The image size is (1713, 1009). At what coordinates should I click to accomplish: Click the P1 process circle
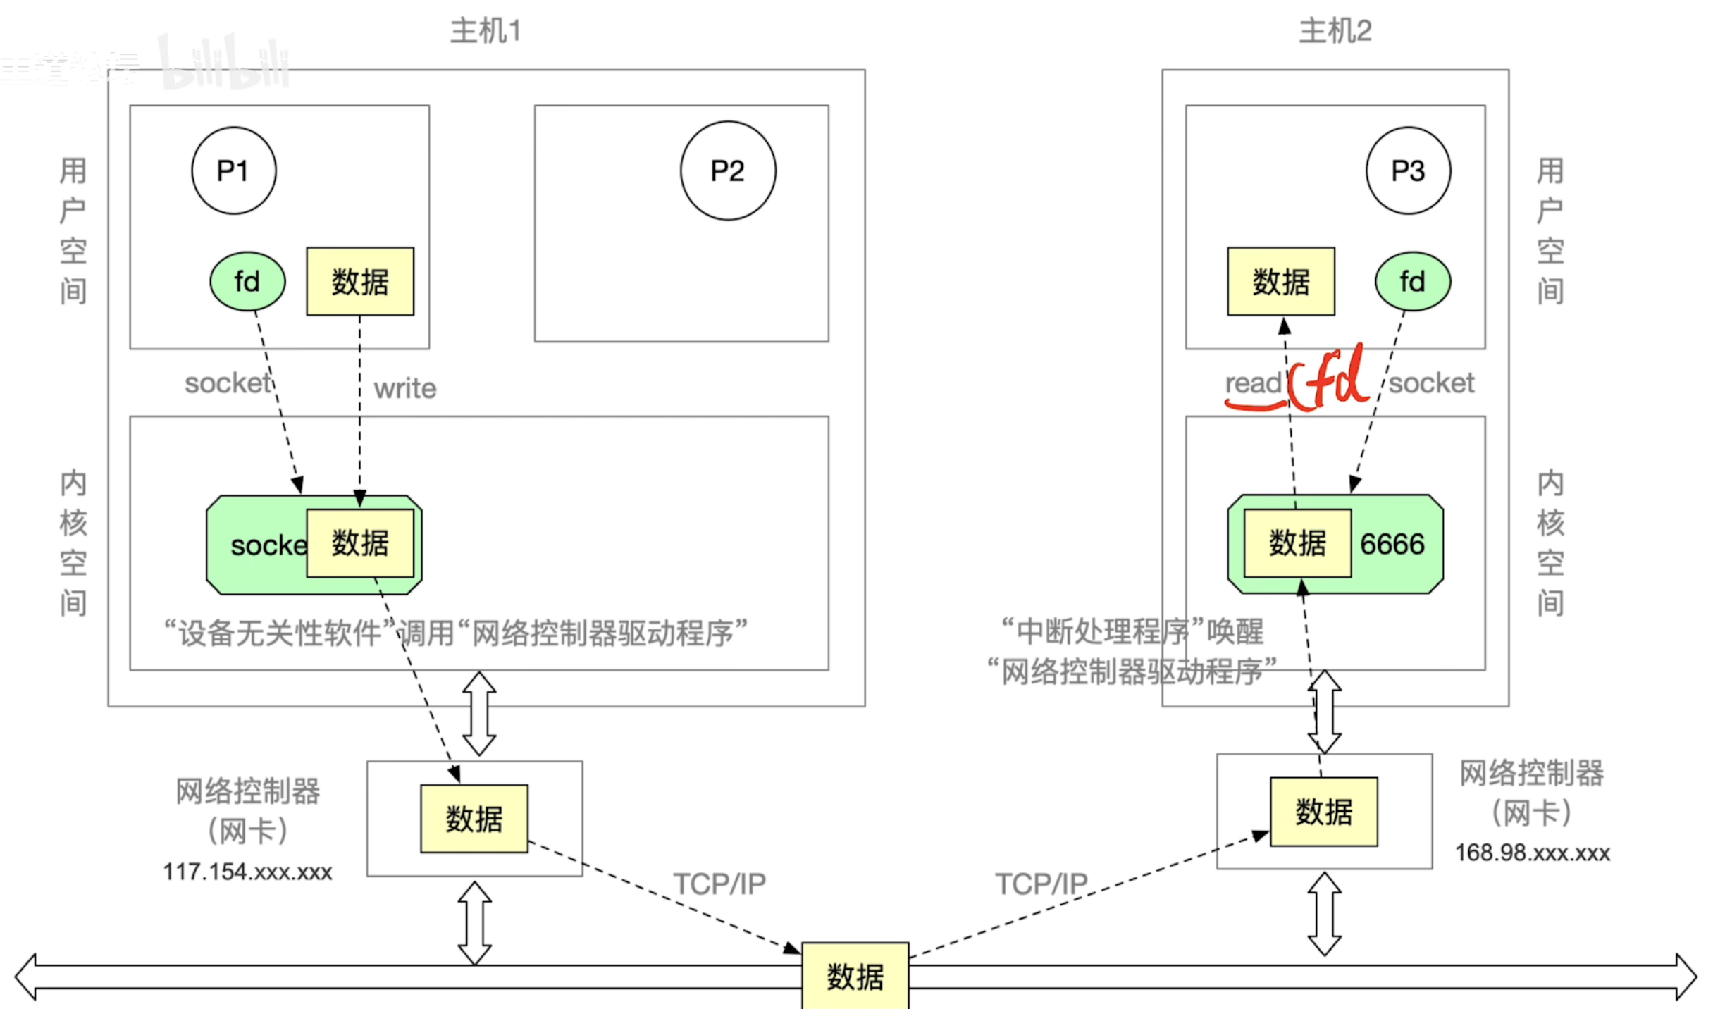(233, 171)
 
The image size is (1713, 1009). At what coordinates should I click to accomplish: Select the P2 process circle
(727, 171)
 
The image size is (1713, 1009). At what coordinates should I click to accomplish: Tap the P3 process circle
(1407, 171)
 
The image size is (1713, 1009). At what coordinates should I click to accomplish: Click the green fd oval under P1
(247, 282)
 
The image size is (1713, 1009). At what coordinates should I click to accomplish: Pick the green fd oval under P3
(1412, 282)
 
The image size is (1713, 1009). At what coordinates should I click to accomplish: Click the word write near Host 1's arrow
(405, 388)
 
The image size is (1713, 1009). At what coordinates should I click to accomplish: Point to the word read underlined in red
(1253, 384)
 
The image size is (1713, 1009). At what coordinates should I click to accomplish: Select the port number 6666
(1392, 544)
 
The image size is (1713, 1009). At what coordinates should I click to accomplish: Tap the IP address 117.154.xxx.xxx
(247, 872)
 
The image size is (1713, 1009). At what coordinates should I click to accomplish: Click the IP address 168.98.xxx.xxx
(1533, 853)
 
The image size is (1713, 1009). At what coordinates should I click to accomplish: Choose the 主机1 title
(486, 32)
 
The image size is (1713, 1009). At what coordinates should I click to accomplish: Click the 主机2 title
(1335, 32)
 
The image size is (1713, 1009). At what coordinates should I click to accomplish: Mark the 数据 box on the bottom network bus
(855, 977)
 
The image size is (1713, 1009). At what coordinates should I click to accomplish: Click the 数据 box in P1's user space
(360, 282)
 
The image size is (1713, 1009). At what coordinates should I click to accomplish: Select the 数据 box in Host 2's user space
(1280, 282)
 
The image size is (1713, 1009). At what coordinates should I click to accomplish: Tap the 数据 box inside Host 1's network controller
(474, 819)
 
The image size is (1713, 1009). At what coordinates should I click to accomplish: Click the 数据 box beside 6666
(1297, 543)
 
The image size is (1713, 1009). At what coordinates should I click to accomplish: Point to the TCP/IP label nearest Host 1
(719, 884)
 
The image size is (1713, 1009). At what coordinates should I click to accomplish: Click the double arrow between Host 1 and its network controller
(479, 713)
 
